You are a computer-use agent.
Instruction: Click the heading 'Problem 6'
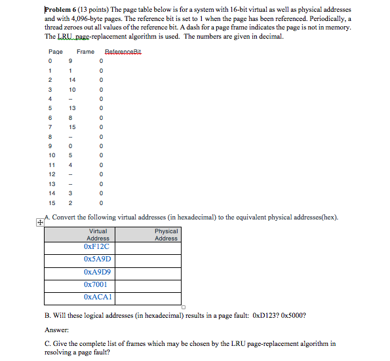(62, 10)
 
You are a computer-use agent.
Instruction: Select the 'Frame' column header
(85, 52)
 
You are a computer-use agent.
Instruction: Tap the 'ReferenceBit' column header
(123, 52)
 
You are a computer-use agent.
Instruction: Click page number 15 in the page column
(50, 202)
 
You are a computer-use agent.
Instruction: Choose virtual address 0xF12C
(97, 247)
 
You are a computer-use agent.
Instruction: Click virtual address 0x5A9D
(97, 259)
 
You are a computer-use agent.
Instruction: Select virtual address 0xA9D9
(97, 272)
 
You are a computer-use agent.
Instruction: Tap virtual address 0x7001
(96, 284)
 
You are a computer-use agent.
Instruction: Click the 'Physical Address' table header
(166, 235)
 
